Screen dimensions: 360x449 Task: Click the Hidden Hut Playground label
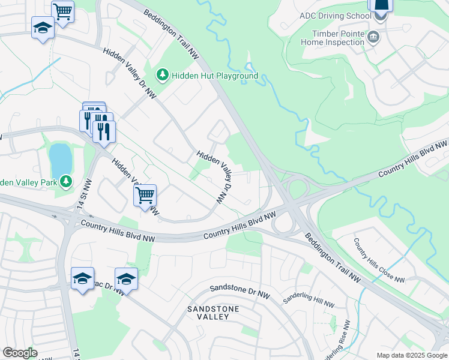214,76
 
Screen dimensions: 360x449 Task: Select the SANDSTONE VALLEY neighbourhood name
213,313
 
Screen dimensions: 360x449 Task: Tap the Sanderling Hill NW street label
309,301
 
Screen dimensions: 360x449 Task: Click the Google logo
19,353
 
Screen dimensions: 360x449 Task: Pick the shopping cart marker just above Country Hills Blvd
145,194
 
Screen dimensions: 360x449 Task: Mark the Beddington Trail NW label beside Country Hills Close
331,258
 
